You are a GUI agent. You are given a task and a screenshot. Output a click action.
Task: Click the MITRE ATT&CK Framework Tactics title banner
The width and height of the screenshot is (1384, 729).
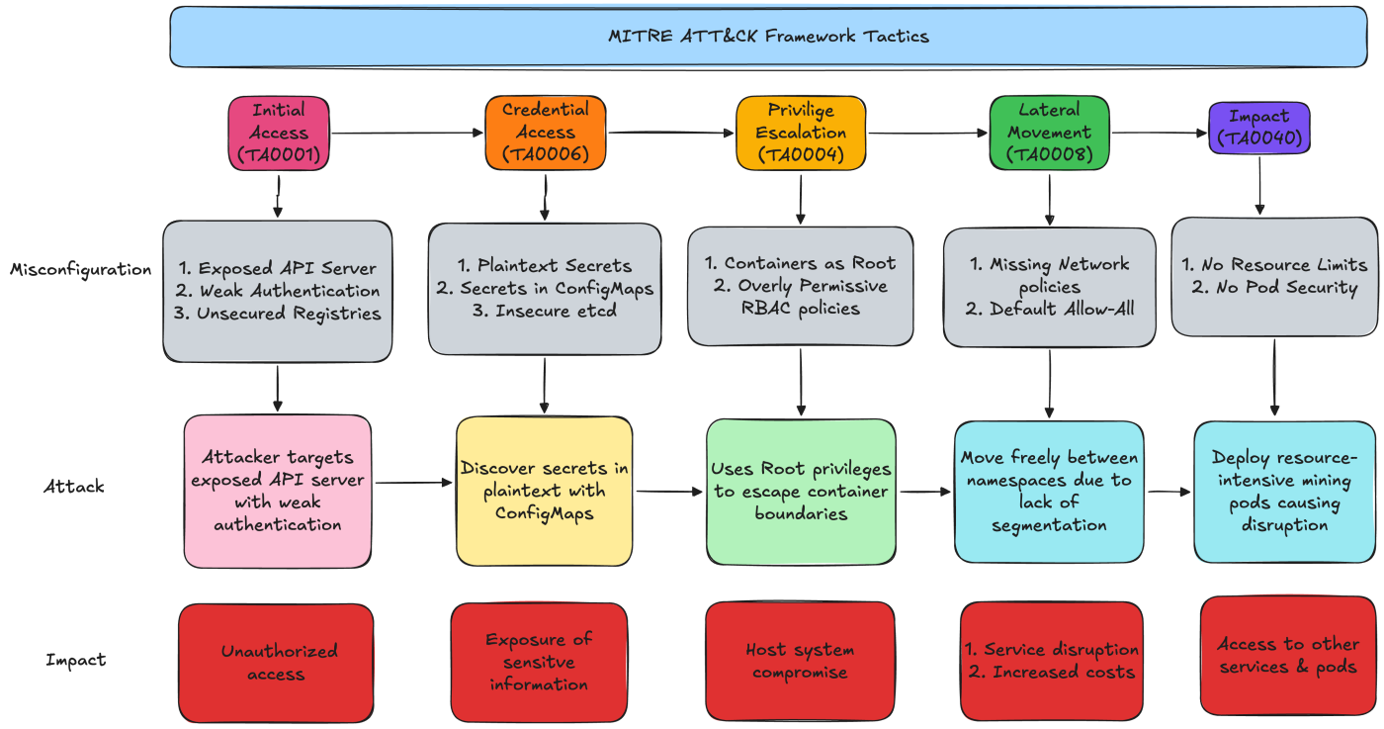[768, 37]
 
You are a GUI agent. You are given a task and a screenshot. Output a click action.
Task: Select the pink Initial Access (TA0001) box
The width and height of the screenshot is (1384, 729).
[278, 133]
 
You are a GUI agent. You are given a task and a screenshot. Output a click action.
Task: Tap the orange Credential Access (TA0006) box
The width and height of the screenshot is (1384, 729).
[545, 132]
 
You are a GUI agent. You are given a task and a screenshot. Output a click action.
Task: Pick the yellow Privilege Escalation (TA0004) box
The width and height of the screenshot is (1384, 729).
[801, 133]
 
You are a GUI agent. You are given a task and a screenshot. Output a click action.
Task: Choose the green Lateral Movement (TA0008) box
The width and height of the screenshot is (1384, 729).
[1049, 133]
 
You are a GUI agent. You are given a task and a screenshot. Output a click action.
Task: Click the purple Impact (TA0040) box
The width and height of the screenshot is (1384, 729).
[1258, 129]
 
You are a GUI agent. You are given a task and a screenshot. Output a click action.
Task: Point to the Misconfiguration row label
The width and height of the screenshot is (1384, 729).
[81, 269]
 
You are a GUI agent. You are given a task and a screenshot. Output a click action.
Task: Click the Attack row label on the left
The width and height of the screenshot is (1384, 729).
[73, 487]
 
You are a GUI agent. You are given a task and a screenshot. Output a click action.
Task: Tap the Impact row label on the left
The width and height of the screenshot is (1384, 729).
[75, 660]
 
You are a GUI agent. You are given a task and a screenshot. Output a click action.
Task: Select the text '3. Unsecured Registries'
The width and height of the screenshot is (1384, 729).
[278, 314]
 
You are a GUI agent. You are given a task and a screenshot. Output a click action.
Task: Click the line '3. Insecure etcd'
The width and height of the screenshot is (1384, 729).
[545, 311]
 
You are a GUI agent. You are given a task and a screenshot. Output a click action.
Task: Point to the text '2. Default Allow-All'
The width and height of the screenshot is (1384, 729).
[1049, 310]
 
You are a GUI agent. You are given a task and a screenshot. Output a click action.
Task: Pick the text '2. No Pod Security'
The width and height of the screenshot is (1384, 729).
[1273, 287]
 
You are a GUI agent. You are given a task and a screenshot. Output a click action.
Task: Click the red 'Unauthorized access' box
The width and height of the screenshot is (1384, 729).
[277, 662]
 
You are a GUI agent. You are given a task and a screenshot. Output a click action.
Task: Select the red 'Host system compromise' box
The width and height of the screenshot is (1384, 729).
[800, 661]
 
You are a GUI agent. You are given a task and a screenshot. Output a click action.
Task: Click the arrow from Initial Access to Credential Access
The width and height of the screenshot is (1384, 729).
[406, 132]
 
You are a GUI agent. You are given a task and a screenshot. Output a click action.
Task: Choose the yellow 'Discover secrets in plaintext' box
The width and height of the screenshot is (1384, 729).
[544, 491]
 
